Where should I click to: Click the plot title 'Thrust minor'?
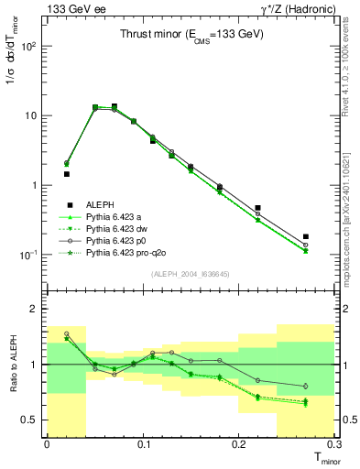click(192, 34)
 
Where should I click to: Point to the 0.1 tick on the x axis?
click(143, 444)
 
